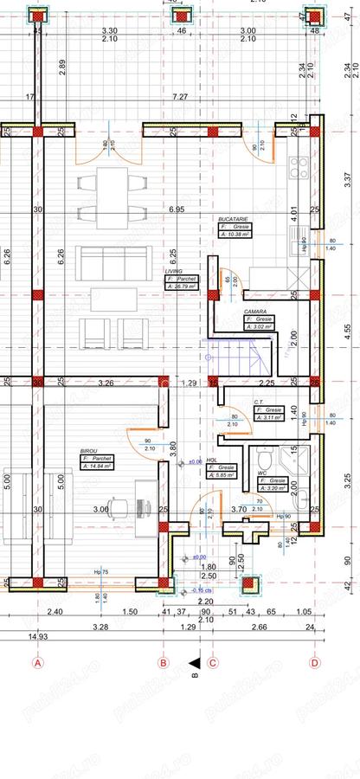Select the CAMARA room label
click(x=254, y=310)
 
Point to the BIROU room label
click(x=88, y=451)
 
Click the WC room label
click(x=262, y=473)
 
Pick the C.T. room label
click(x=259, y=402)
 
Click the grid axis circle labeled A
click(x=37, y=664)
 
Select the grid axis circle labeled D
click(x=315, y=664)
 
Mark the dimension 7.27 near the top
click(x=180, y=97)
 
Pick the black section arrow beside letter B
click(x=198, y=657)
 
